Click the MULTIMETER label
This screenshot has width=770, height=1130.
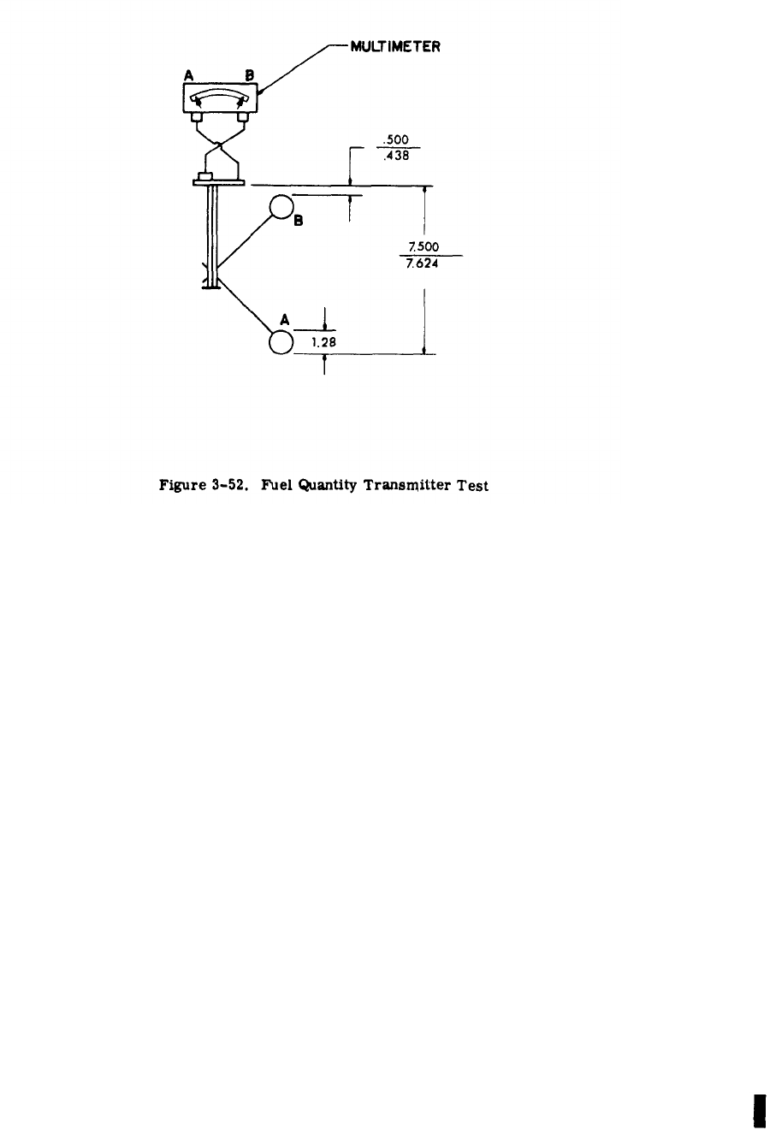(396, 47)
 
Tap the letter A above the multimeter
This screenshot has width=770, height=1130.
(189, 77)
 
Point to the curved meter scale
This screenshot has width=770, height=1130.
(219, 96)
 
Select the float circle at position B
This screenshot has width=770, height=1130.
(281, 207)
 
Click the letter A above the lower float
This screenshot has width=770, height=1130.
(284, 319)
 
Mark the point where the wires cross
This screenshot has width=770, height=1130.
(220, 146)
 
